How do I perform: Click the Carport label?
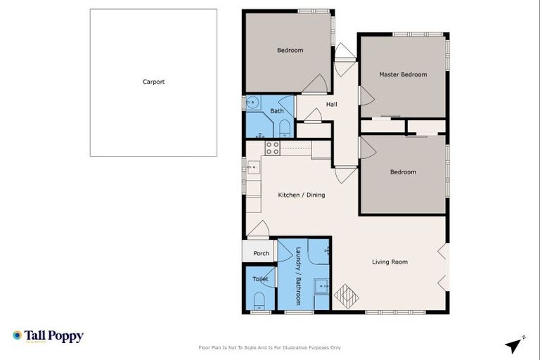tap(153, 82)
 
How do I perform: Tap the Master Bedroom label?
tap(403, 75)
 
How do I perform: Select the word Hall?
tap(331, 105)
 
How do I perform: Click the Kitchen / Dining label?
tap(301, 195)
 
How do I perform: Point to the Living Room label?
tap(390, 262)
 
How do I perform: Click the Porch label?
tap(261, 254)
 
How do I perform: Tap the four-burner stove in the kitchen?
tap(272, 148)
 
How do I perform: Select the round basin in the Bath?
tap(251, 103)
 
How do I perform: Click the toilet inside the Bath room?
tap(285, 129)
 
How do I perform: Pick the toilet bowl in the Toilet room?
tap(258, 302)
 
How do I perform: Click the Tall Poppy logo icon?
tap(17, 336)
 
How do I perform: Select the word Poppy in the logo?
tap(67, 337)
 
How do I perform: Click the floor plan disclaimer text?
tap(270, 347)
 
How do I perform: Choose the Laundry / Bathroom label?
tap(298, 275)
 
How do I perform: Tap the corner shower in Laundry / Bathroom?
tap(319, 251)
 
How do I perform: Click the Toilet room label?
tap(260, 279)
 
